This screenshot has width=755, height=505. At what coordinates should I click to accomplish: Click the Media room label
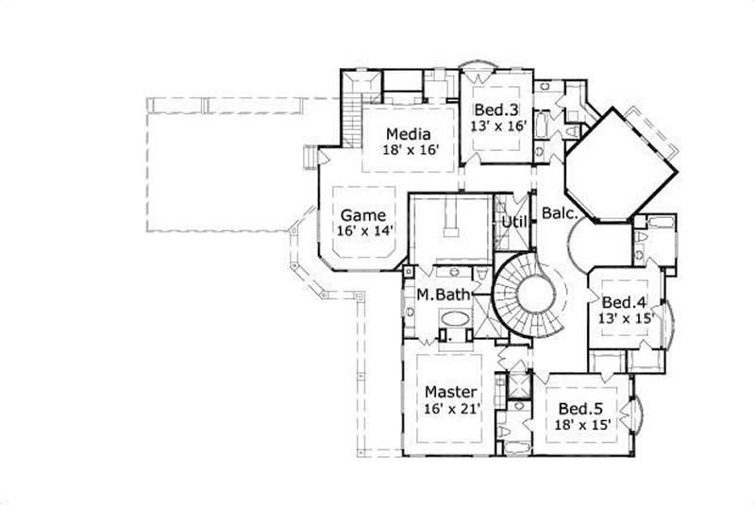point(409,133)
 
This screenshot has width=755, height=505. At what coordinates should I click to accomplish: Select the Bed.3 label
point(495,109)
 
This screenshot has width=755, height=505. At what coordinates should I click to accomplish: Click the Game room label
point(362,214)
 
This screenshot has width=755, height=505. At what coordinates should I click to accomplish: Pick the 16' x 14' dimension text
point(362,230)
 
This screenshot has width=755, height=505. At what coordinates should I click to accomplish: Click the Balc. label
point(559,214)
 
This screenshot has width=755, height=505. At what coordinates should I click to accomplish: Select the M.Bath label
point(444,295)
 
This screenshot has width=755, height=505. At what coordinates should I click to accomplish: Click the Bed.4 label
point(625,303)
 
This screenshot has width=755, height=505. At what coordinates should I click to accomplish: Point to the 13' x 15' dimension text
point(625,319)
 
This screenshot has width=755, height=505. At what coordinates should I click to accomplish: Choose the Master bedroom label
point(449,392)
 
